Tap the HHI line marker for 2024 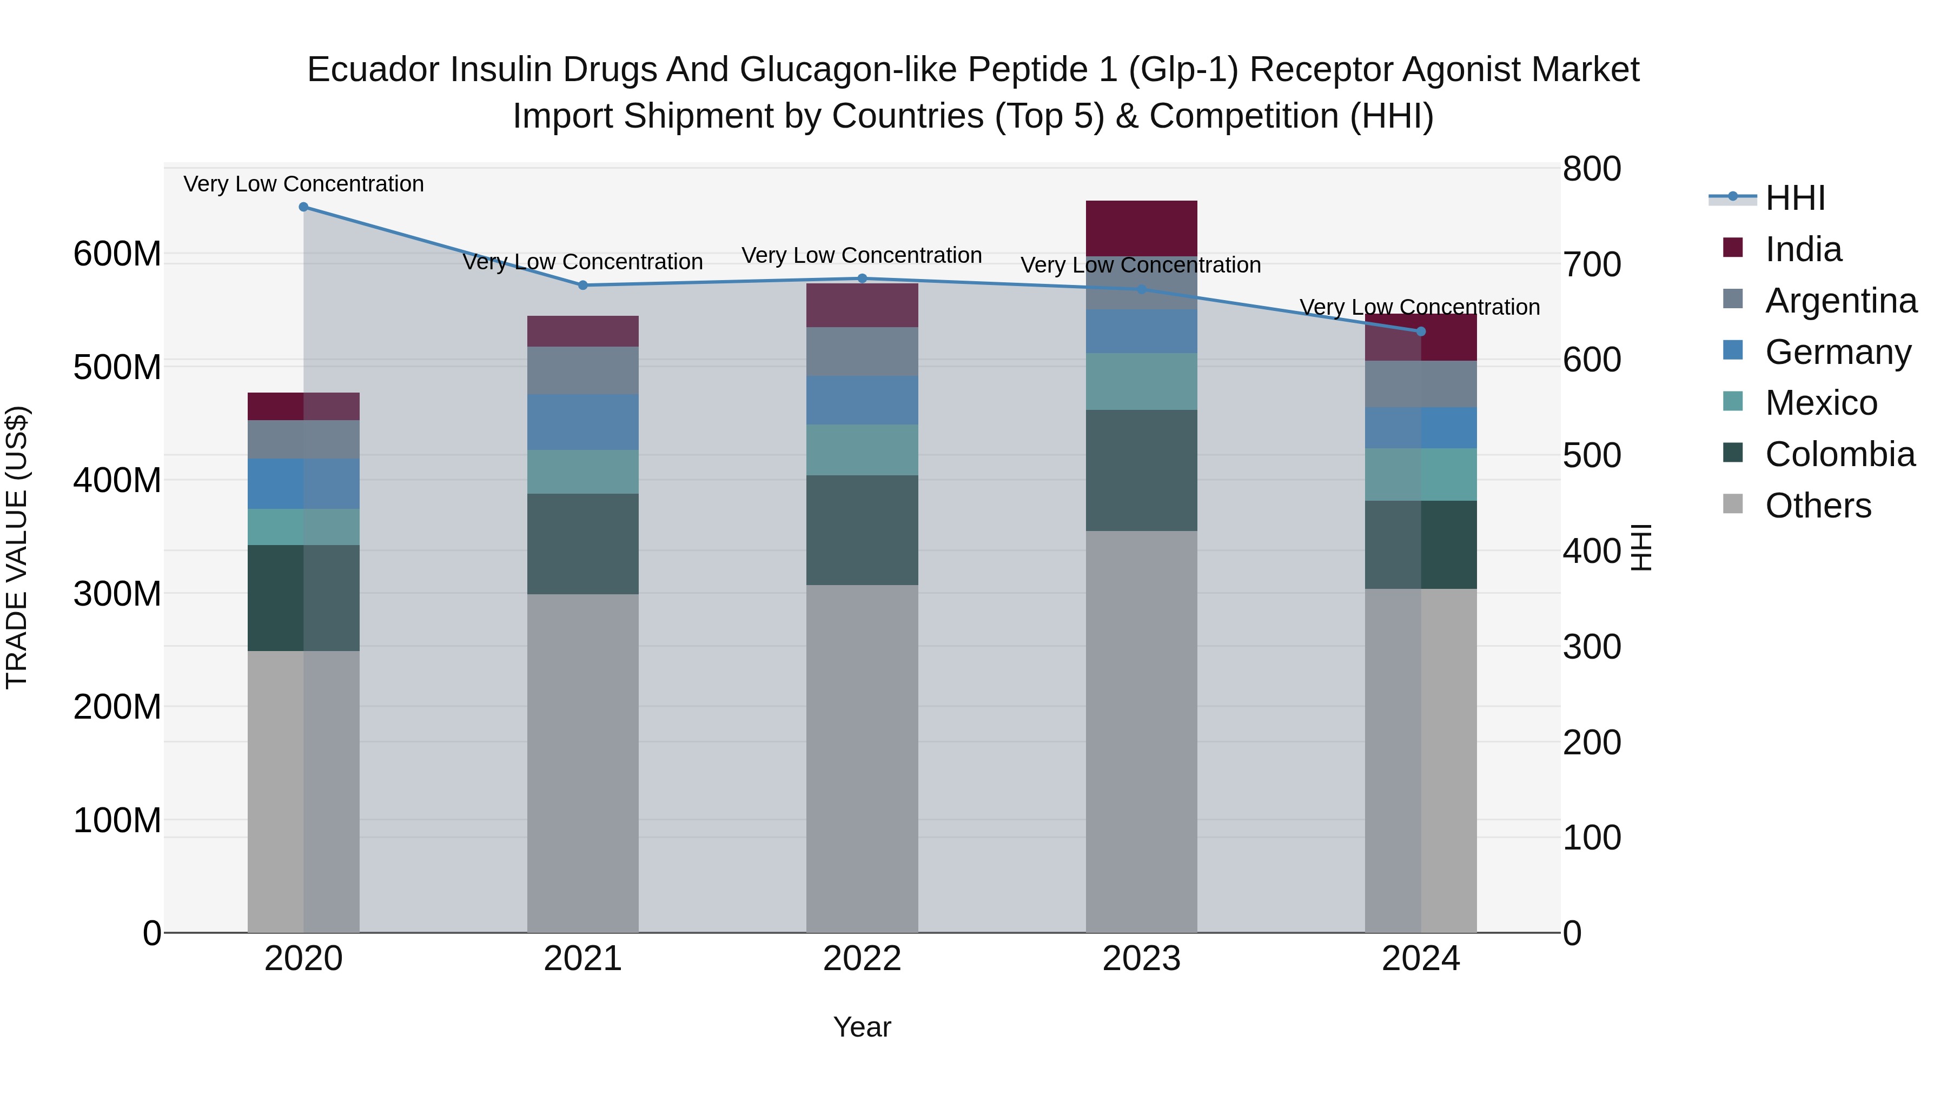tap(1420, 332)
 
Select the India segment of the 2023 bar tap(1141, 228)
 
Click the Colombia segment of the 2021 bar tap(582, 543)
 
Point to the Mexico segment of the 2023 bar tap(1141, 382)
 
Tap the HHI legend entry tap(1794, 198)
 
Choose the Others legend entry tap(1818, 506)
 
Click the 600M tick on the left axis tap(117, 254)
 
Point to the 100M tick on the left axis tap(117, 820)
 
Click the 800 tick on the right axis tap(1591, 169)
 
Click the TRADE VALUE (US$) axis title tap(17, 547)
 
